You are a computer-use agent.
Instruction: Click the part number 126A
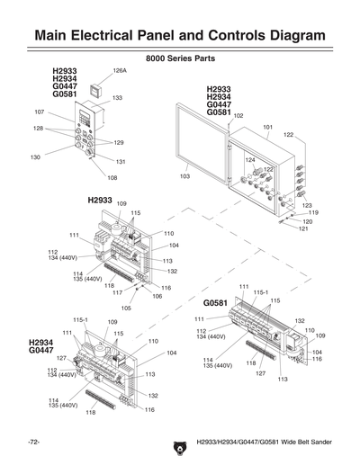click(120, 69)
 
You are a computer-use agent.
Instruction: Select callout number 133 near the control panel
click(117, 97)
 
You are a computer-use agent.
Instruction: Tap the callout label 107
click(40, 112)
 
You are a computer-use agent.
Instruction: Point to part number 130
click(35, 157)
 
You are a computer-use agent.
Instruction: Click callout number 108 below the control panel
click(112, 177)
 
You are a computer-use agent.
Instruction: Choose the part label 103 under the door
click(184, 177)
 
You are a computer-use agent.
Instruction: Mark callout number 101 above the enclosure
click(267, 127)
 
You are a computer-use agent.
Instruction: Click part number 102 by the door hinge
click(238, 116)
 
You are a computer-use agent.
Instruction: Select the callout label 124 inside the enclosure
click(250, 159)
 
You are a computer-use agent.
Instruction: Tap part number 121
click(304, 228)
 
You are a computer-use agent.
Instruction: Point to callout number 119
click(313, 212)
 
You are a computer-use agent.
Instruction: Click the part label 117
click(117, 292)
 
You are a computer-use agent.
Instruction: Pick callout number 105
click(126, 308)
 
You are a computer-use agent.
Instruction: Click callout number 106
click(157, 296)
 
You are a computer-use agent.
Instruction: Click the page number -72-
click(33, 443)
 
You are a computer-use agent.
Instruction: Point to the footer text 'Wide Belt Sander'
click(301, 443)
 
